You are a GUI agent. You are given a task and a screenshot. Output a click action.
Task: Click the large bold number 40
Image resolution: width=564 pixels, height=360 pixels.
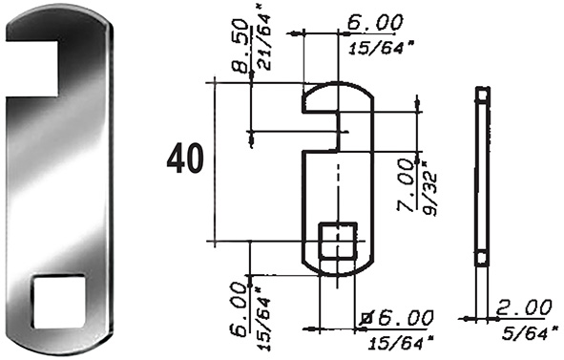(185, 159)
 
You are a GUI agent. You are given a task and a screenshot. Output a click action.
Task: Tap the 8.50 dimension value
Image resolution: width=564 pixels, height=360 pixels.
(240, 46)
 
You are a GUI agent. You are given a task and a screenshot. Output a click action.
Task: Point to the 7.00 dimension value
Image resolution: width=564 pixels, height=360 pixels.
(406, 185)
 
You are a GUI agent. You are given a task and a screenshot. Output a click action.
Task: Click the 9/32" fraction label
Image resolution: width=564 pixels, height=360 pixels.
(429, 188)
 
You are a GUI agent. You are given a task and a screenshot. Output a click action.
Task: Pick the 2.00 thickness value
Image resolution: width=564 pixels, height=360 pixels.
(524, 308)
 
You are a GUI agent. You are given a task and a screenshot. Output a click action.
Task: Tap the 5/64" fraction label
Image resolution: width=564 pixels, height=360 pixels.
(531, 333)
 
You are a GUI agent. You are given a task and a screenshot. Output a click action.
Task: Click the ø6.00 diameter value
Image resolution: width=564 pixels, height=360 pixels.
(397, 318)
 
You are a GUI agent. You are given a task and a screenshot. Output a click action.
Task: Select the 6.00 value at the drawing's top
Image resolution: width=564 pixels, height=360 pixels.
(375, 23)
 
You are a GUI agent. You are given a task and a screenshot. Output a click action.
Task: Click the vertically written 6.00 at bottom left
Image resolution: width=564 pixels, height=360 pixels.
(239, 309)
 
